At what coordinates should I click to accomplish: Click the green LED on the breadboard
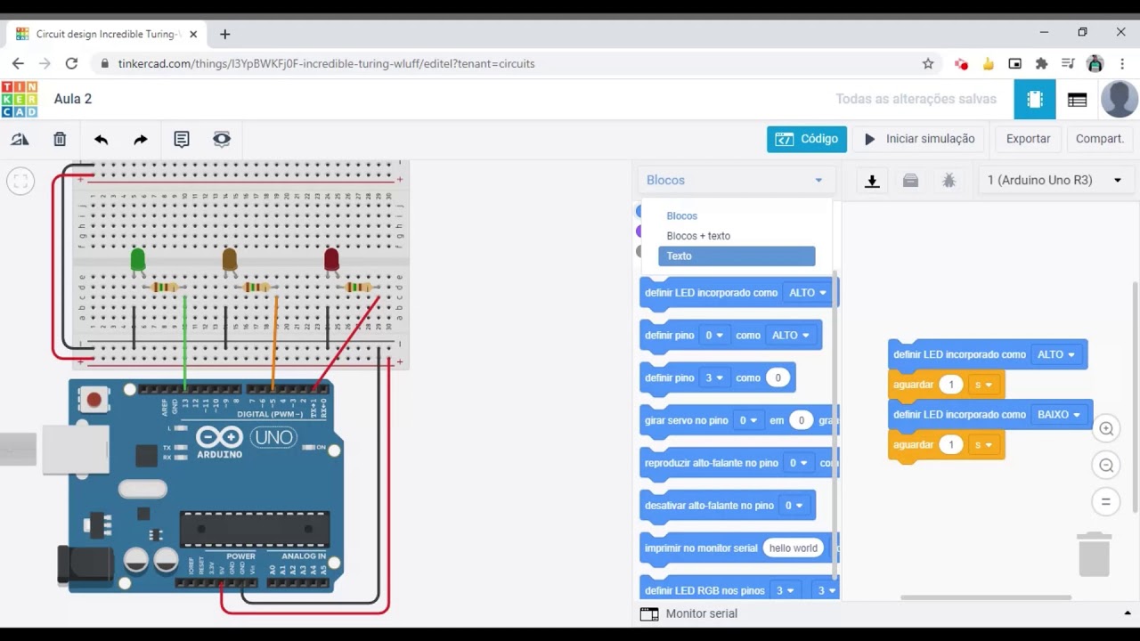137,259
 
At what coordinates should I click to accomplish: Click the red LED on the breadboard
331,259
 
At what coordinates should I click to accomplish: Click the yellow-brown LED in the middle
230,259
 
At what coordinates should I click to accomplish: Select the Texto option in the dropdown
736,256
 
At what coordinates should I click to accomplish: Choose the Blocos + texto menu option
698,236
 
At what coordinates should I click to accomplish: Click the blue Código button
806,139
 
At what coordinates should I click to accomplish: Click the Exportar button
1028,139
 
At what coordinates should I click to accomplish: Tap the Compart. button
1099,139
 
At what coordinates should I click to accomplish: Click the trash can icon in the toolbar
60,139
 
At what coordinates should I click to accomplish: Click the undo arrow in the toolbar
101,139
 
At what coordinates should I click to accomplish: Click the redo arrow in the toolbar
141,139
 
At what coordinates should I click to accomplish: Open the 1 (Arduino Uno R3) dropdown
1054,180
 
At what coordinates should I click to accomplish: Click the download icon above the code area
872,181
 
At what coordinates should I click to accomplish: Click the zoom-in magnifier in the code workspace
1106,429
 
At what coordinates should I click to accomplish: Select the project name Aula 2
73,99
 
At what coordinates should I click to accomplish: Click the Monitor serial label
701,613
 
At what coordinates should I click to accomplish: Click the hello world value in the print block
793,548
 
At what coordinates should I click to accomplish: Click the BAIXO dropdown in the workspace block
1058,415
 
